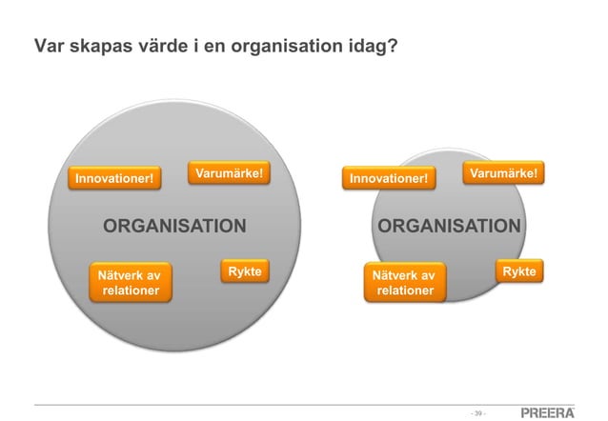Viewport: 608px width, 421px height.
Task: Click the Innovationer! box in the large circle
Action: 114,178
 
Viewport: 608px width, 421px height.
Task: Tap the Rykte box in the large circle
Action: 244,271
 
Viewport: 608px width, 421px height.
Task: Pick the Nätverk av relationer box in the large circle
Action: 131,283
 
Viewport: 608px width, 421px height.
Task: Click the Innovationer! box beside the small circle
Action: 388,178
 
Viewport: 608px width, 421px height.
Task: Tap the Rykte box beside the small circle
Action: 518,271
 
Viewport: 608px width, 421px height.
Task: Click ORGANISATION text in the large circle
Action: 174,226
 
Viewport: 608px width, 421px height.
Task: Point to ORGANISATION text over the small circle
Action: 449,226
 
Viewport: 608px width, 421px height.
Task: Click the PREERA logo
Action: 548,411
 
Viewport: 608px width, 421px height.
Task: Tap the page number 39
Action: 479,412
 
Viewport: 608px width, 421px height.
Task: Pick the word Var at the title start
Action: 48,46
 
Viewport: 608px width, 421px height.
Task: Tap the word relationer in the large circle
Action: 131,291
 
